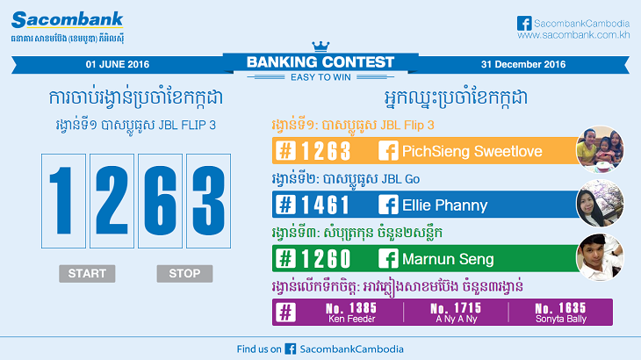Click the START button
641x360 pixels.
(87, 273)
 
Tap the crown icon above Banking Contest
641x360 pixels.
(320, 47)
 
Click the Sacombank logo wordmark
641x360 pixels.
(68, 19)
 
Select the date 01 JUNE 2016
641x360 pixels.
(118, 64)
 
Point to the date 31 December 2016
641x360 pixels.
(523, 64)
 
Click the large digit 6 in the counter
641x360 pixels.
(160, 201)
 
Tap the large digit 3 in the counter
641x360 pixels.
(208, 201)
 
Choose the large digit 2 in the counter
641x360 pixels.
(112, 200)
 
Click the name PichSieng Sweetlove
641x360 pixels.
(472, 151)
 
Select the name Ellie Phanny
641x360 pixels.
(445, 205)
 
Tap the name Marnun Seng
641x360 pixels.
(448, 259)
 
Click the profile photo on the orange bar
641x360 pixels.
(600, 149)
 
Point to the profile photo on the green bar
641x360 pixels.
(600, 257)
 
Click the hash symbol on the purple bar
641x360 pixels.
(285, 313)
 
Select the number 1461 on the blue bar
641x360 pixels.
(326, 205)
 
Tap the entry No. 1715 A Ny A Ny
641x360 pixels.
(457, 313)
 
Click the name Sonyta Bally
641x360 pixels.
(561, 319)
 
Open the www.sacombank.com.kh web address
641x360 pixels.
(573, 35)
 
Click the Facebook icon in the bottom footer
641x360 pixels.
(291, 349)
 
